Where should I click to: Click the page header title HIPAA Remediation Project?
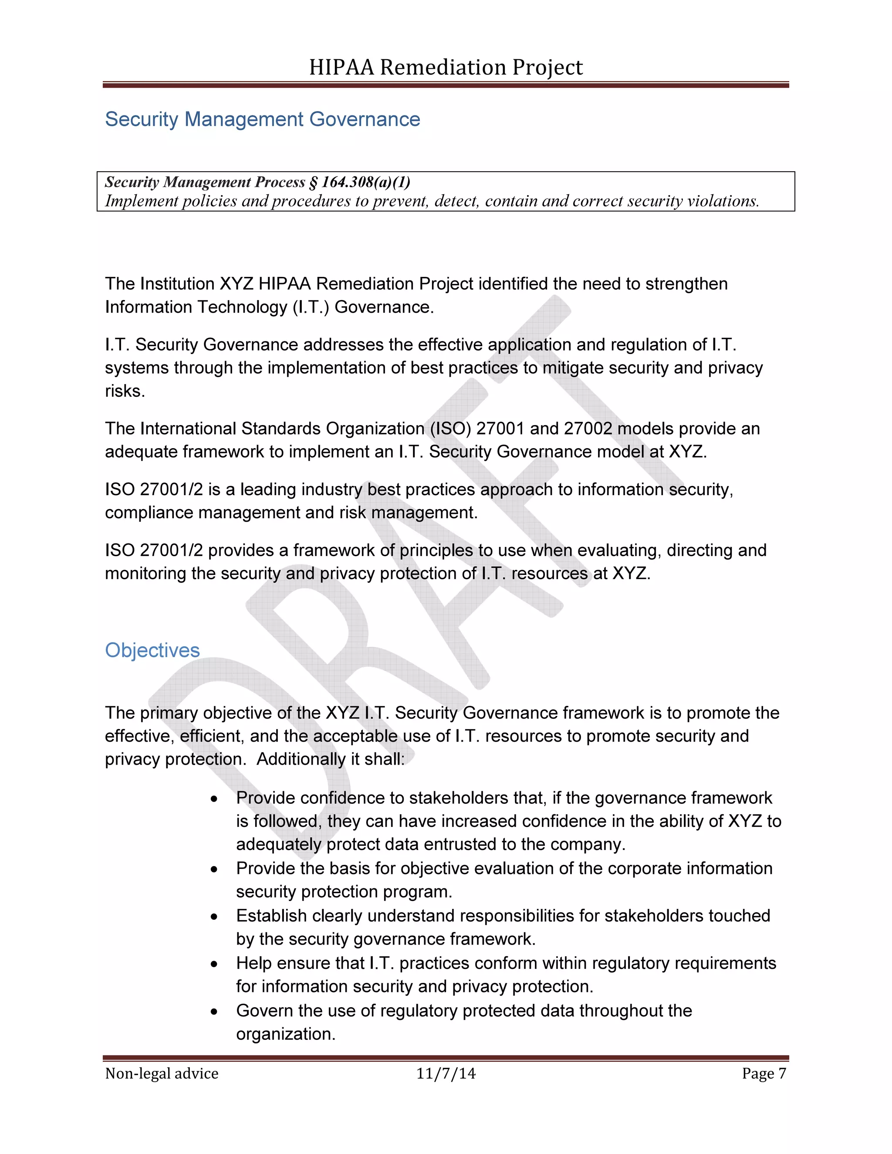(446, 67)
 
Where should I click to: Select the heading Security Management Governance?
(263, 119)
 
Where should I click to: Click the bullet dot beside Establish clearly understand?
(214, 917)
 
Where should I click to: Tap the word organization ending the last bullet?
(285, 1034)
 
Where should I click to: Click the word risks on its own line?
(125, 391)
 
